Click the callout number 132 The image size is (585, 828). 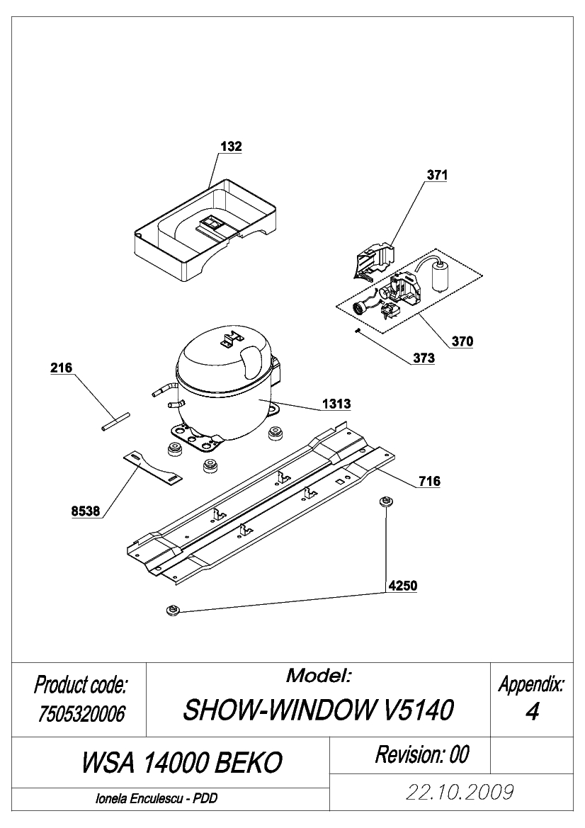[x=232, y=147]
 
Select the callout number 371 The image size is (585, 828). [x=437, y=175]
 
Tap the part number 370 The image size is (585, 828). [x=462, y=341]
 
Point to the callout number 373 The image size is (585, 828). [x=424, y=358]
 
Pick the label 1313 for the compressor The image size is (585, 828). [x=337, y=404]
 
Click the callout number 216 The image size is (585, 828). [x=61, y=368]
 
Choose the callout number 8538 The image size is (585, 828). [x=86, y=511]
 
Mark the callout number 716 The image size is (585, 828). [x=429, y=481]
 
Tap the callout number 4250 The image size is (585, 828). [x=403, y=586]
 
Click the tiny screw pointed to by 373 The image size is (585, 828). [x=358, y=331]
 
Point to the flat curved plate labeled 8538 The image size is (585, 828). [x=152, y=467]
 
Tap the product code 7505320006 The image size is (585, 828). [x=81, y=714]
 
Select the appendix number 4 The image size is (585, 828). [x=532, y=712]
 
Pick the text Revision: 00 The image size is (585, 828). [x=422, y=754]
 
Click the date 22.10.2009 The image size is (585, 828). [x=460, y=792]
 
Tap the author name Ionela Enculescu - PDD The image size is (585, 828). [x=157, y=799]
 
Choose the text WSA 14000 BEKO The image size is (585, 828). [x=182, y=763]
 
